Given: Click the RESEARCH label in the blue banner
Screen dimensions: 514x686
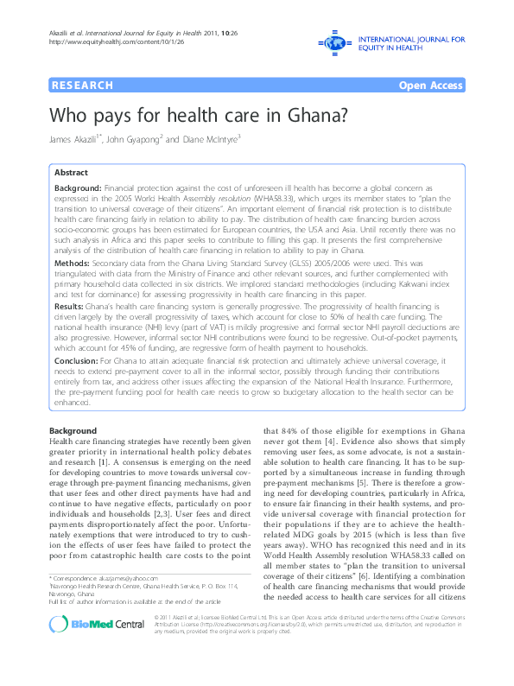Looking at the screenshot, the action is pos(83,86).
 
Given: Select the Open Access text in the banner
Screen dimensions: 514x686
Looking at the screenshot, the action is pos(431,86).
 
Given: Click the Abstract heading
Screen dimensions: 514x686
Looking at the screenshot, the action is pos(70,173).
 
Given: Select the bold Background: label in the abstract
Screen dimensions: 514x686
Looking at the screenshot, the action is pos(79,187).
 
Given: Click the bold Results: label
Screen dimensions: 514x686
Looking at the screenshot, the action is pos(71,305).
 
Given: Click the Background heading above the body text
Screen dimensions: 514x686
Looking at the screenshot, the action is pos(73,429).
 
